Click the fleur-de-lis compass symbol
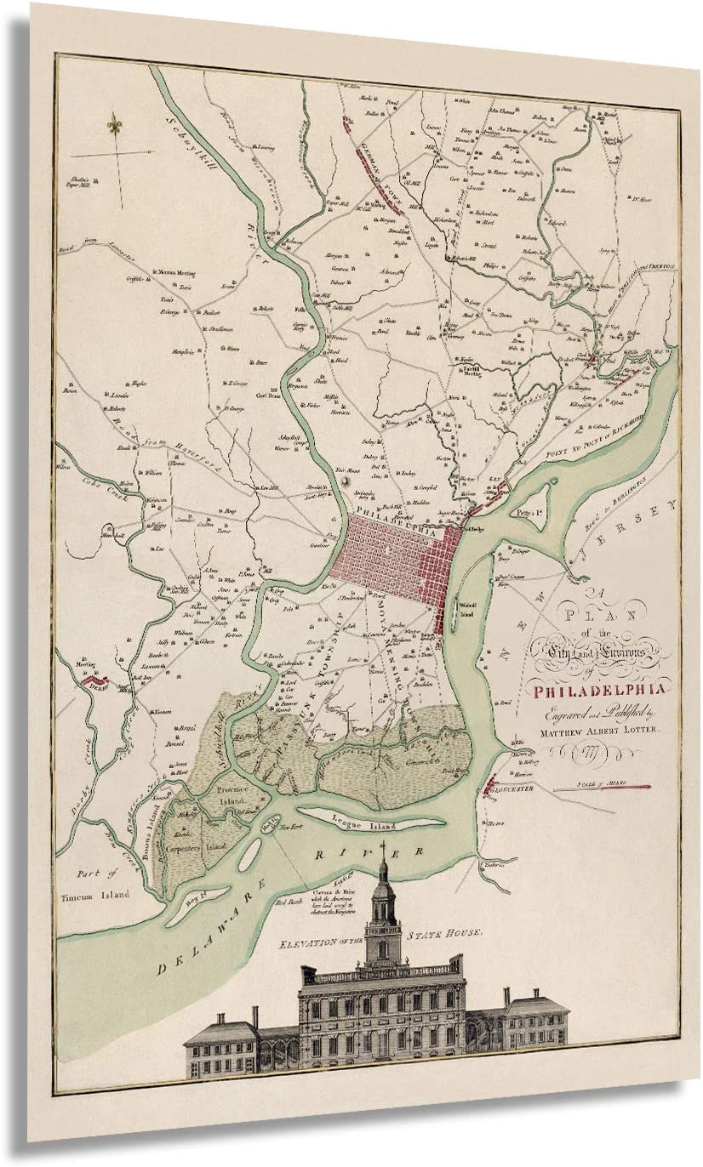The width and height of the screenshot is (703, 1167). click(112, 126)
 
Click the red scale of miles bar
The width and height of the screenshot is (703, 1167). click(603, 788)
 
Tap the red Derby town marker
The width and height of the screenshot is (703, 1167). click(92, 680)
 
